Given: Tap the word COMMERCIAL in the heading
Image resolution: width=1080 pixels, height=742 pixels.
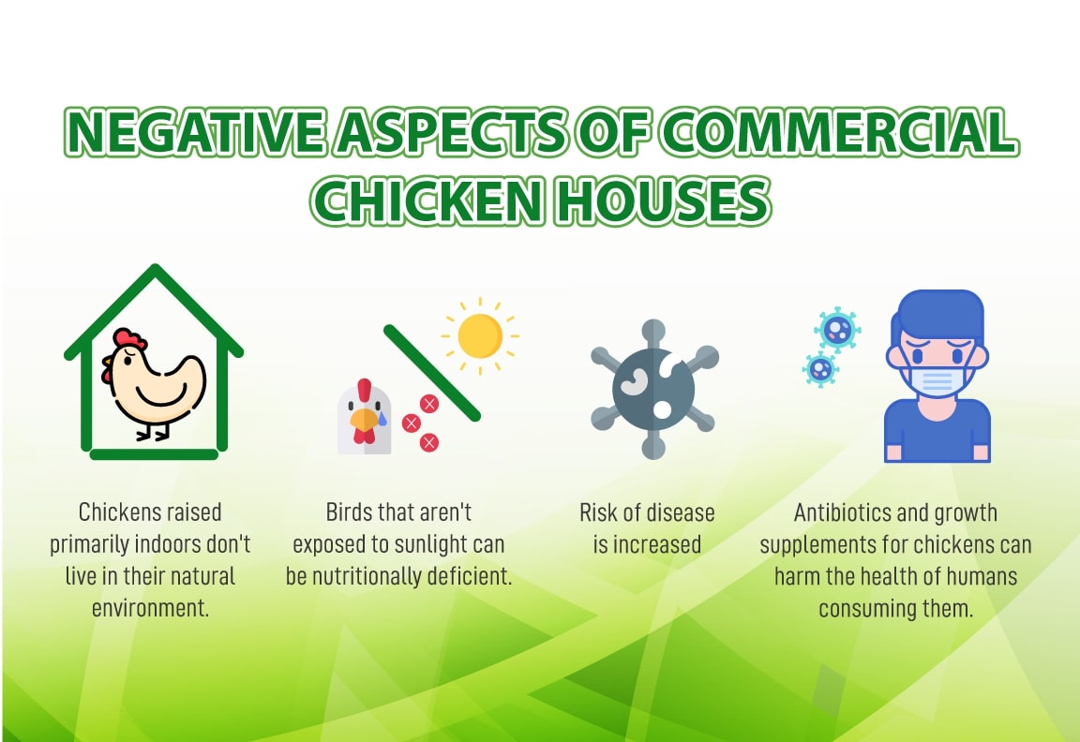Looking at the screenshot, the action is pos(838,131).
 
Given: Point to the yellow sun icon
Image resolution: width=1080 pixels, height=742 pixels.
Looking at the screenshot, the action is pos(480,336).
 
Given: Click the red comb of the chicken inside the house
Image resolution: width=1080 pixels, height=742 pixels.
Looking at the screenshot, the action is pos(129,338).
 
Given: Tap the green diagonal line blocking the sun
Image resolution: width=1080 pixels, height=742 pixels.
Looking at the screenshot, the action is pos(432,372).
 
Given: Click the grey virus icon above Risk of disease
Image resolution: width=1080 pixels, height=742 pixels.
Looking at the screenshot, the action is pos(653,390).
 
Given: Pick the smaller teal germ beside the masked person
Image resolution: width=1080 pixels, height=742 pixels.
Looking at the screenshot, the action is pos(820,370).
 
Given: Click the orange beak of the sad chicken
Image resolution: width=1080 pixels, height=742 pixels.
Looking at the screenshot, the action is pos(363,419).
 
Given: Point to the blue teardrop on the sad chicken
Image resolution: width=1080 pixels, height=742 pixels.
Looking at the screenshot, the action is pos(382,417).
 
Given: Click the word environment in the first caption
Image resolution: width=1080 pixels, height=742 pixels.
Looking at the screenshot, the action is pos(149,608).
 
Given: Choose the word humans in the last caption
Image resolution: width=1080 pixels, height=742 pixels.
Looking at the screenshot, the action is pos(982,576).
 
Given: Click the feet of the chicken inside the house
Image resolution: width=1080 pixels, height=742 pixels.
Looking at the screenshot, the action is pos(153,433).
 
